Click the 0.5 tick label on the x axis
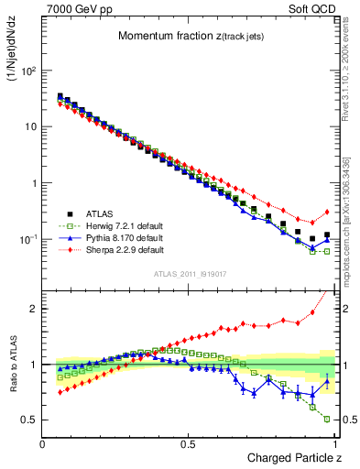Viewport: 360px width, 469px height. point(189,444)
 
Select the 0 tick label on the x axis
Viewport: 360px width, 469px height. point(43,444)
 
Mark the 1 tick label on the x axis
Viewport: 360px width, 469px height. point(335,444)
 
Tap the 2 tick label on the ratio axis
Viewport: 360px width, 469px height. point(33,309)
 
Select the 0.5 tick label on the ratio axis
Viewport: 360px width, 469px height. point(29,420)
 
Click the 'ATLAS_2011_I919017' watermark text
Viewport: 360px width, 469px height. point(189,274)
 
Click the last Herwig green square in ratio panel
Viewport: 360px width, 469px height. point(327,419)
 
